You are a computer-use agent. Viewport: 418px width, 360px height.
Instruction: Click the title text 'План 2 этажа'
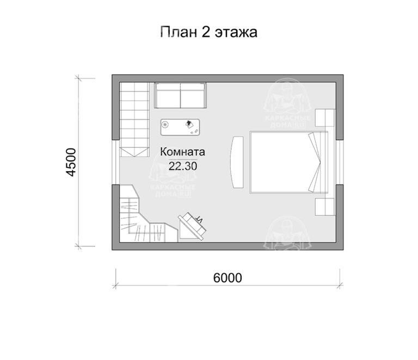pos(208,32)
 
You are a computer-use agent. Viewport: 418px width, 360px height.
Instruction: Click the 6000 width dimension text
pos(227,277)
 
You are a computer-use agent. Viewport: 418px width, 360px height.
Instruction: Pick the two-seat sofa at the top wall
pos(180,96)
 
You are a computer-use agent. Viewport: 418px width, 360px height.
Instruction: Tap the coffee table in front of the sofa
pos(180,126)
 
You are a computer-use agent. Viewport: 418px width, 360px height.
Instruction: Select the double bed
pos(288,162)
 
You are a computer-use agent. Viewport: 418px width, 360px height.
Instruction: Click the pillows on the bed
pos(317,162)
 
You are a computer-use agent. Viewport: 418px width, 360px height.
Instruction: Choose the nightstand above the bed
pos(325,119)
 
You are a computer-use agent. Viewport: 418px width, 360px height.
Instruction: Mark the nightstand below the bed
pos(325,206)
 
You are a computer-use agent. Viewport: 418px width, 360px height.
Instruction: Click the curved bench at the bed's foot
pos(237,162)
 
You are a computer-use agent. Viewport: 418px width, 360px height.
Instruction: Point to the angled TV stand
pos(192,226)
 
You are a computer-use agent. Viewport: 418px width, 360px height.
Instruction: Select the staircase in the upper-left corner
pos(134,116)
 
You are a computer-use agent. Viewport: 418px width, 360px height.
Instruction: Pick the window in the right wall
pos(339,162)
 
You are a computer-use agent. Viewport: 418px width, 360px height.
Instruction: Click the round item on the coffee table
pos(165,126)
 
